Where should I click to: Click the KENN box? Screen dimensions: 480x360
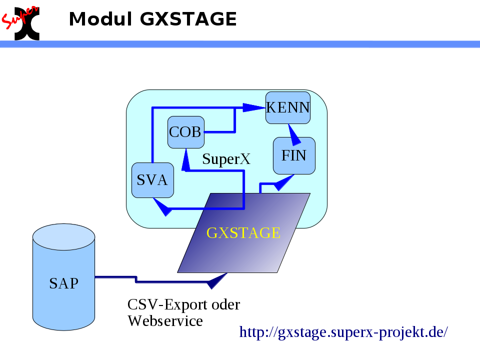288,108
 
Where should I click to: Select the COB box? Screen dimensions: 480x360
186,132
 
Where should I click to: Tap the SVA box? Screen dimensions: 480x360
152,180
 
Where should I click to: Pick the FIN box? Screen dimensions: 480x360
294,155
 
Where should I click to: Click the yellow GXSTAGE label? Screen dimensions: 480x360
243,232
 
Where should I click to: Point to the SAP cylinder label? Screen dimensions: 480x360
63,283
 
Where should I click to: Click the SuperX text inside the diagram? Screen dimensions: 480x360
226,159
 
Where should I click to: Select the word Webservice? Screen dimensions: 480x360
165,321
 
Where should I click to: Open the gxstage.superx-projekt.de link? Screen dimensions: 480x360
343,332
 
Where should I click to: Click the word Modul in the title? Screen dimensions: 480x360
100,19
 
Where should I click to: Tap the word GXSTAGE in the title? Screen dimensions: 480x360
188,19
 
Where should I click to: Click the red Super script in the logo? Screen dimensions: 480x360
19,18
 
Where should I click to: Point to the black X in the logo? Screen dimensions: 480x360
27,24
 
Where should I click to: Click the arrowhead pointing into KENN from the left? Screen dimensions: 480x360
254,108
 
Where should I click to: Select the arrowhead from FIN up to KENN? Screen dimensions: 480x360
294,134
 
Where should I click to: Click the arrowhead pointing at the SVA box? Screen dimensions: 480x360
162,207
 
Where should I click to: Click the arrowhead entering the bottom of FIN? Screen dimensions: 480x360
284,182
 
